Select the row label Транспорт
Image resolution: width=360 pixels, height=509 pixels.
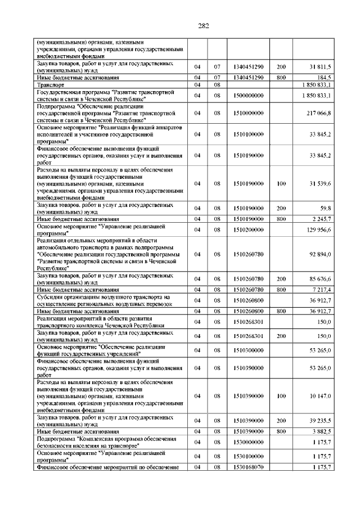click(x=49, y=84)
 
